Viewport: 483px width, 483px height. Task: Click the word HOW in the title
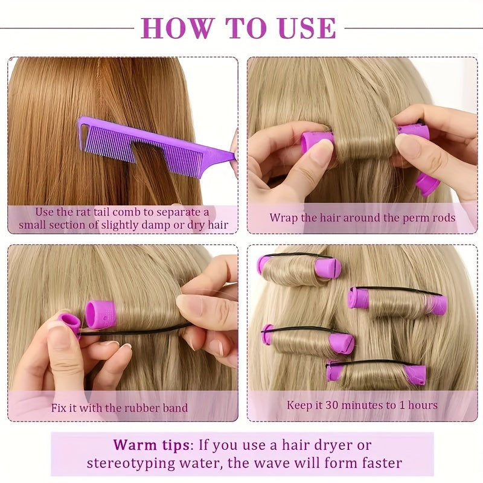(x=178, y=28)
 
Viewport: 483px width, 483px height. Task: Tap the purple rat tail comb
(x=154, y=142)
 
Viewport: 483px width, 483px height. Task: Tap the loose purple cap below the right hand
(x=427, y=185)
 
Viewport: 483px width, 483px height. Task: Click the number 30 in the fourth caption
(x=332, y=405)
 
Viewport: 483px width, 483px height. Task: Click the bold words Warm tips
(x=151, y=445)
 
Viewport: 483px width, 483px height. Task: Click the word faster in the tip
(x=382, y=463)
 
